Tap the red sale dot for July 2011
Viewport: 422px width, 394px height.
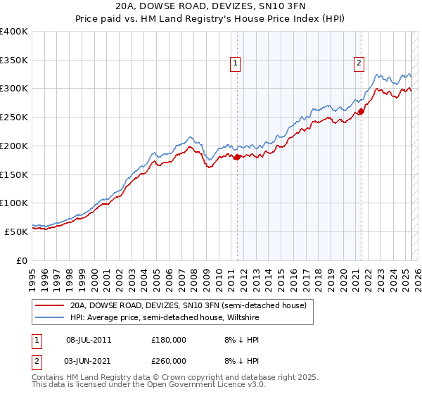coord(237,157)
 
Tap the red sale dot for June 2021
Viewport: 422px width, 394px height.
coord(361,111)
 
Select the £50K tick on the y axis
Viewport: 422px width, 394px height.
coord(16,231)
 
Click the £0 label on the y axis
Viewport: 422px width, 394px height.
coord(23,260)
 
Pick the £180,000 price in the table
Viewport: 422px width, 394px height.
coord(169,340)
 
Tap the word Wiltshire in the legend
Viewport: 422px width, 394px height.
coord(243,318)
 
